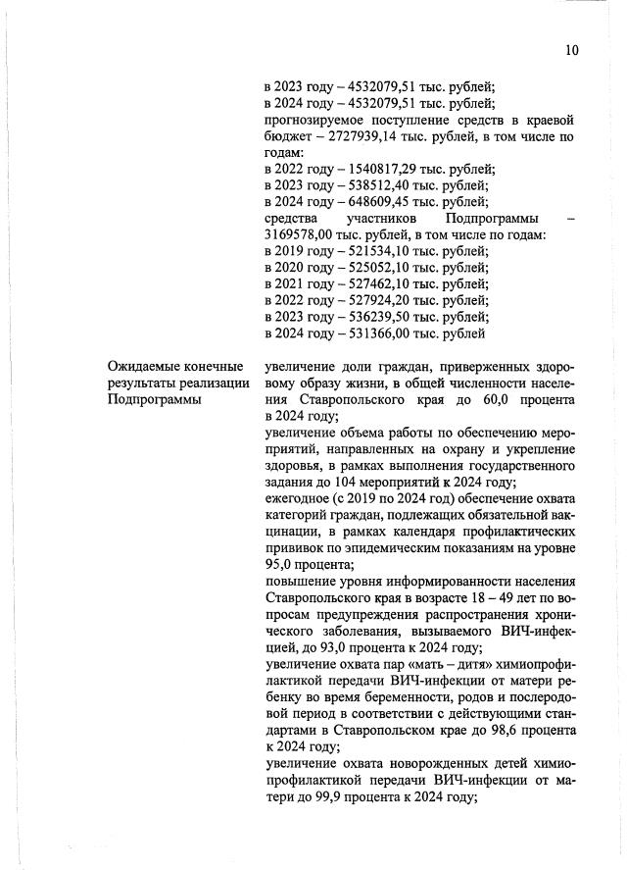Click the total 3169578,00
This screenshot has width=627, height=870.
pos(298,234)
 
